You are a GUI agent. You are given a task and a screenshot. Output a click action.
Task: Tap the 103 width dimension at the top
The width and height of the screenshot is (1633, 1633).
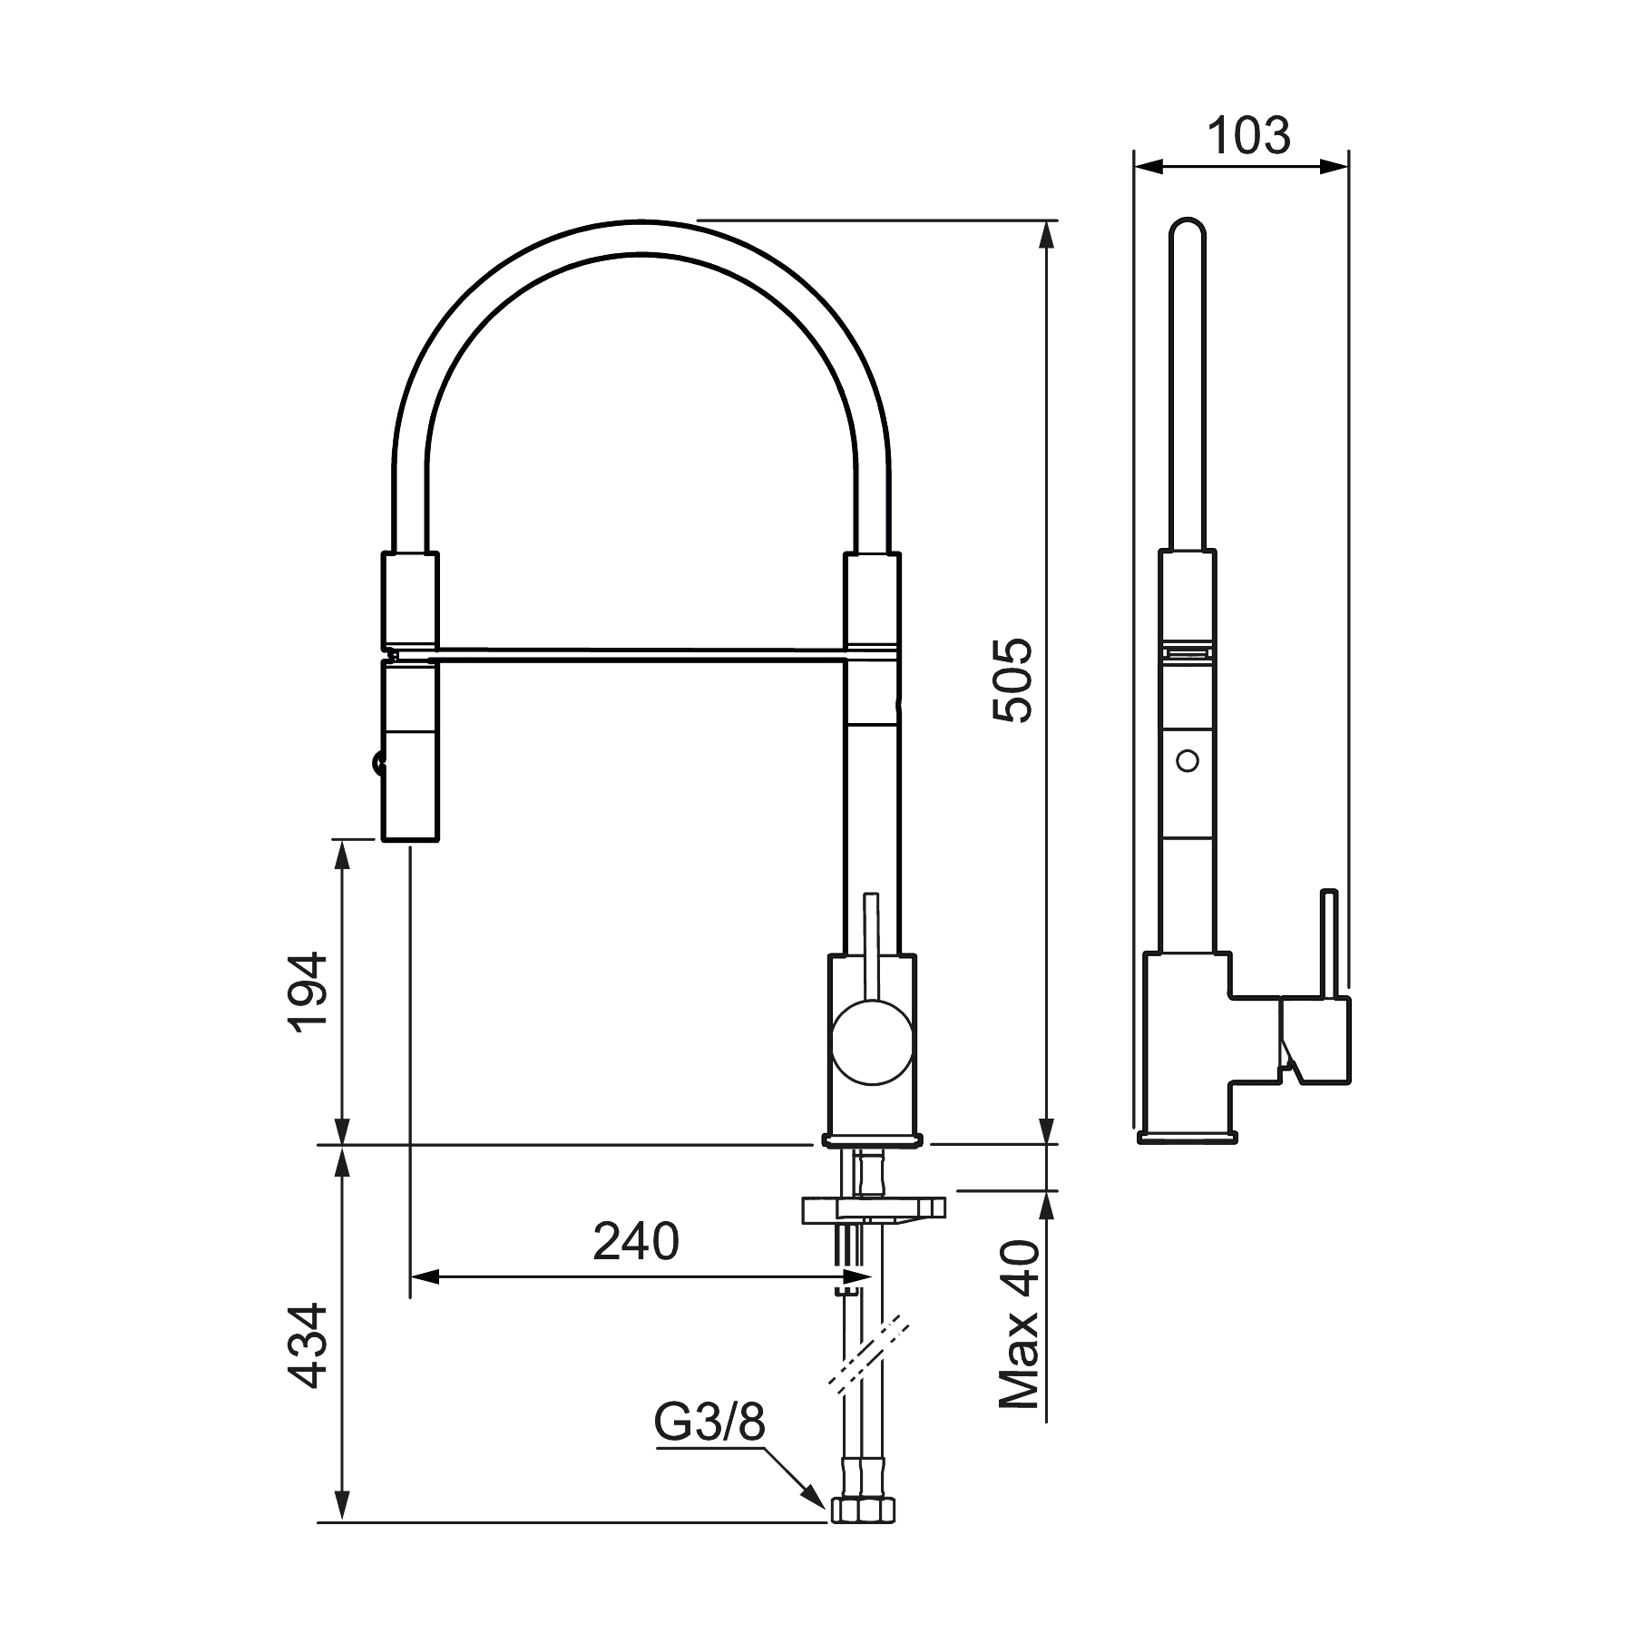[1247, 136]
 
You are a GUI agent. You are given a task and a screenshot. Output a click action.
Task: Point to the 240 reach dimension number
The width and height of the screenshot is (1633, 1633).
[636, 1242]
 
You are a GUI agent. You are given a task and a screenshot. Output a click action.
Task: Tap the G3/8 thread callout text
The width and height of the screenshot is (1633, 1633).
[709, 1423]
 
